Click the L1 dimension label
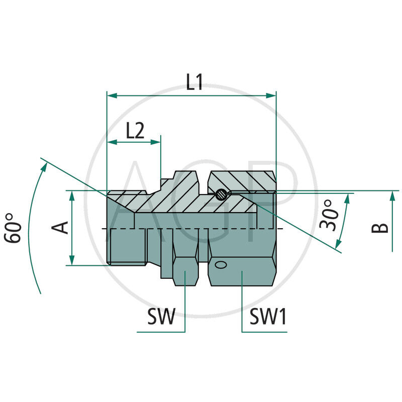pos(194,82)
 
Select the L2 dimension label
pos(135,131)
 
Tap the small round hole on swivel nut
pos(220,264)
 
